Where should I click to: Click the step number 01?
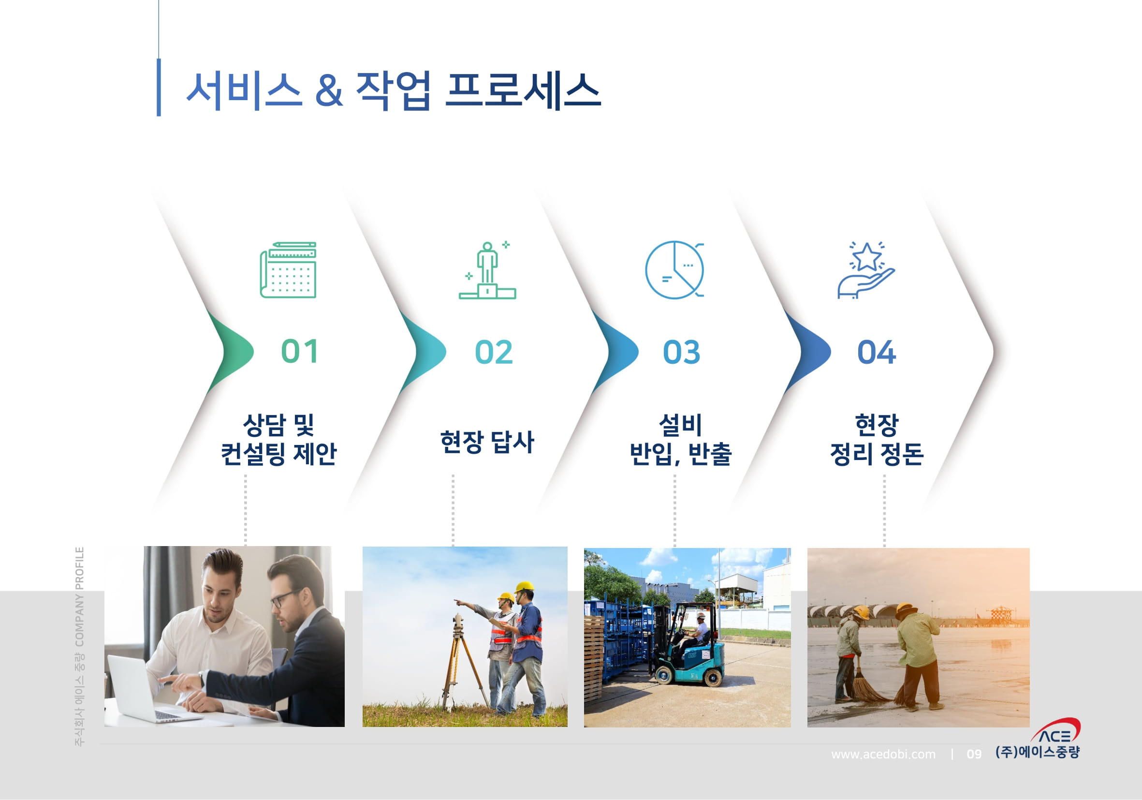[x=299, y=351]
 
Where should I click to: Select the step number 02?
[x=494, y=352]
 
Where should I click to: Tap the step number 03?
[x=681, y=352]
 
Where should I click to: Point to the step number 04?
[x=877, y=352]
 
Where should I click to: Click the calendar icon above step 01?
[x=288, y=270]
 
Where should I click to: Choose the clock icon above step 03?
[x=674, y=270]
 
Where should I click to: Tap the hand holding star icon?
[x=866, y=270]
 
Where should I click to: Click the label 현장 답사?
[x=487, y=442]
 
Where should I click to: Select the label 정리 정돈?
[x=877, y=454]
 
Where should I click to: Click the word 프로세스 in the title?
[x=523, y=90]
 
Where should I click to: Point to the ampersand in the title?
[x=329, y=90]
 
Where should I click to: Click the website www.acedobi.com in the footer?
[x=883, y=754]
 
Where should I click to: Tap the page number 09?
[x=974, y=754]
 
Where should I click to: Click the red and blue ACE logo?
[x=1055, y=730]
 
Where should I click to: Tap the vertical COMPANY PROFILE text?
[x=80, y=597]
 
